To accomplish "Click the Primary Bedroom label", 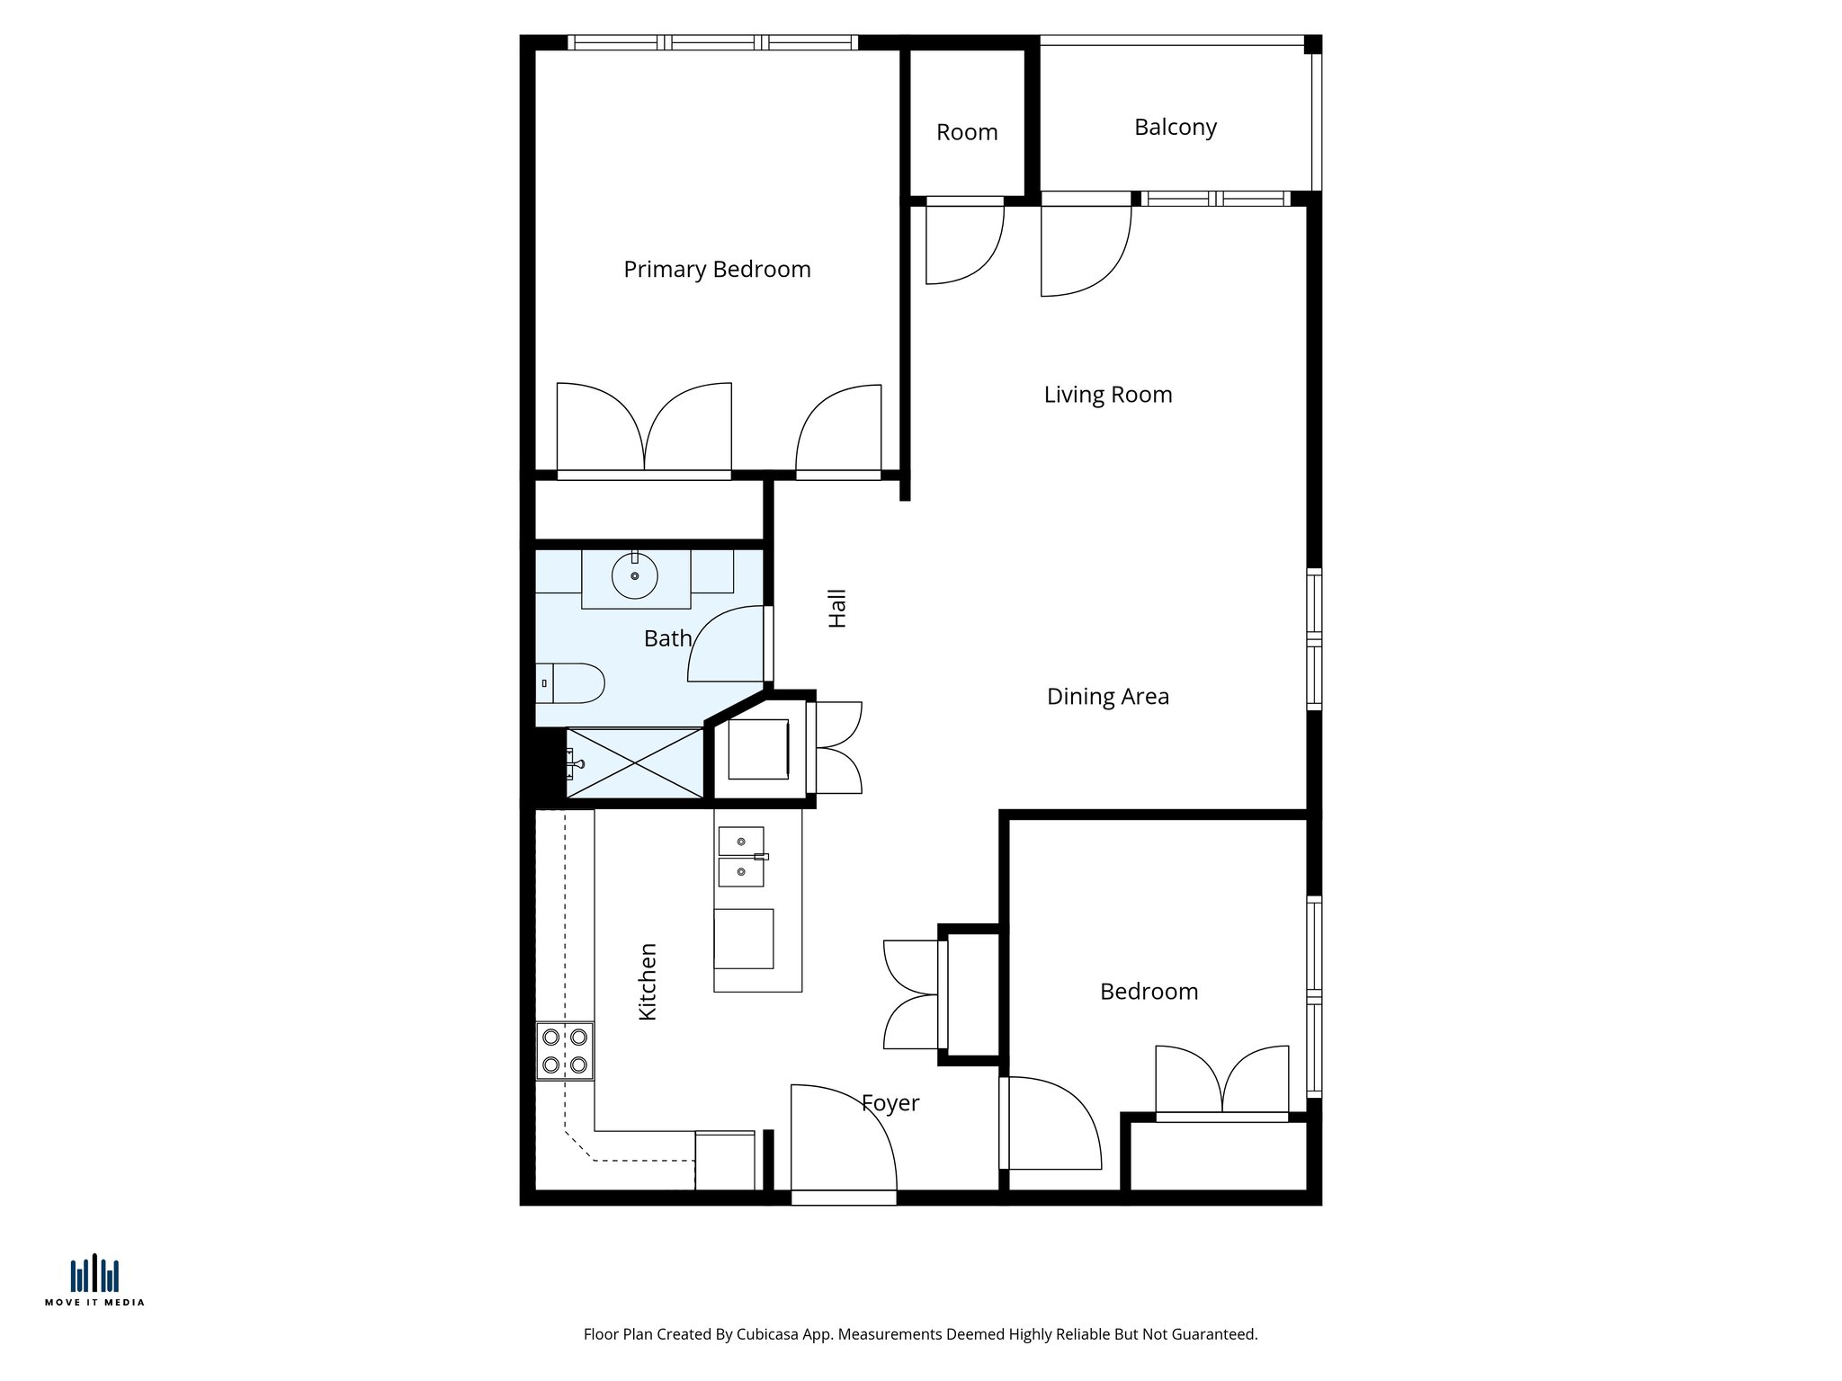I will click(717, 270).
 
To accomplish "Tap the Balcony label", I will click(1175, 128).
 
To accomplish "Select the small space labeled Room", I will click(967, 132).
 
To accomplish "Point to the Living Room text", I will click(1107, 395).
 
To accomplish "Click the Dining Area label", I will click(1107, 697).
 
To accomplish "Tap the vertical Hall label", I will click(837, 609).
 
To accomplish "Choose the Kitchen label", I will click(648, 982).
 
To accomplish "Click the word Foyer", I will click(890, 1103).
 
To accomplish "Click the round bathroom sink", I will click(635, 575).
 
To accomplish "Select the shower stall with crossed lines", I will click(634, 763).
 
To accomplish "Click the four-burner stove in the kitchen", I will click(565, 1051).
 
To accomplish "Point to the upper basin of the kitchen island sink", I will click(741, 842).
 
